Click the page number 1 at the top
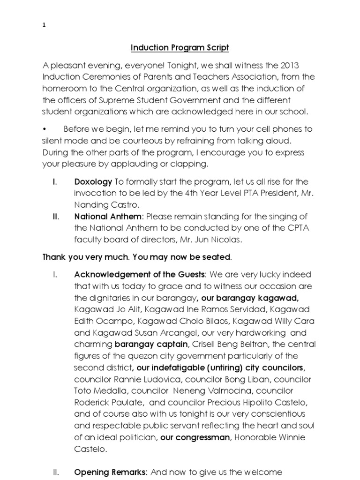tap(44, 26)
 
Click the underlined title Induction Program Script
tap(180, 48)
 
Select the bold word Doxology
tap(93, 181)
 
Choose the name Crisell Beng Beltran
tap(218, 344)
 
